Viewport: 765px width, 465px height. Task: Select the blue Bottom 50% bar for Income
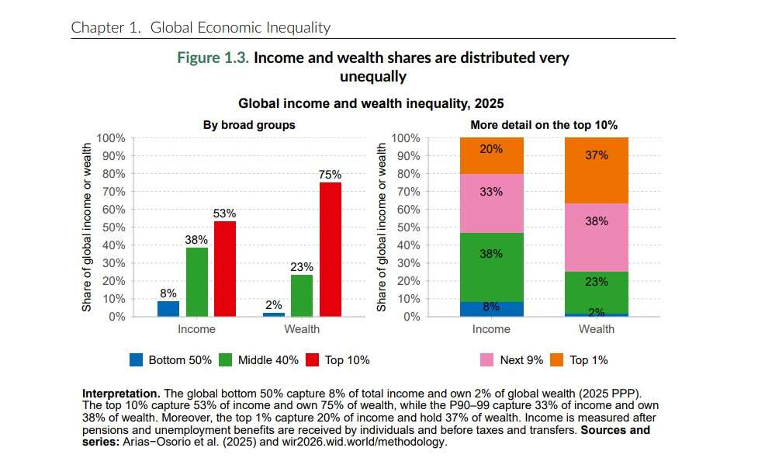[x=168, y=309]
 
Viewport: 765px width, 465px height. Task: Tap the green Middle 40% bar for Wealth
[x=302, y=296]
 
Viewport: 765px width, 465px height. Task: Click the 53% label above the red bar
[x=225, y=213]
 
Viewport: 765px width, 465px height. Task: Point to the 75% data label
[x=330, y=175]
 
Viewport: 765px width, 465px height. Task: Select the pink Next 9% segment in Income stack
[x=491, y=203]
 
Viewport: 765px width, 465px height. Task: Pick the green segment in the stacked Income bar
[x=491, y=267]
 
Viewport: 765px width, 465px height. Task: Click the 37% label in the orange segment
[x=596, y=155]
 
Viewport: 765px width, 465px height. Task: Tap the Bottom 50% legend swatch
[x=137, y=359]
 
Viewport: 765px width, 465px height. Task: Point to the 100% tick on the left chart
[x=110, y=138]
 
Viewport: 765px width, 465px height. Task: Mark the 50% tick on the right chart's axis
[x=405, y=227]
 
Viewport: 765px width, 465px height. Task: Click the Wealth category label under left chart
[x=302, y=329]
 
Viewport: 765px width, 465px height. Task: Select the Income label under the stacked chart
[x=491, y=329]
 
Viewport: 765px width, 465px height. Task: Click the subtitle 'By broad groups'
[x=249, y=124]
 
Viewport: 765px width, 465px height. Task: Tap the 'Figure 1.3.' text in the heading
[x=213, y=58]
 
